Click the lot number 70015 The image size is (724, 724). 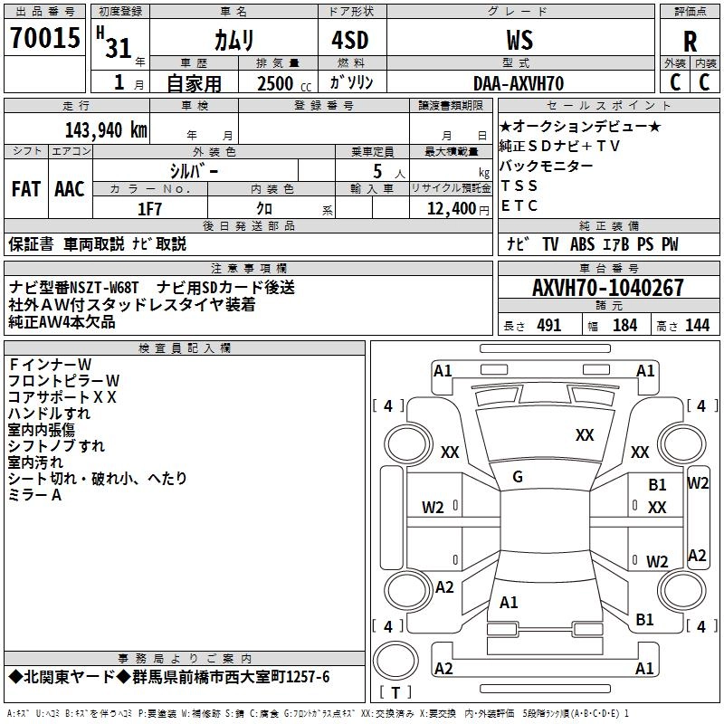(x=44, y=38)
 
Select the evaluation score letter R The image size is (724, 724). (x=691, y=42)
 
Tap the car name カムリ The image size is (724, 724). (x=233, y=40)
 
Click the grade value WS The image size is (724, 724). (x=519, y=40)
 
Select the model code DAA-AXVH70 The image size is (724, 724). (x=519, y=83)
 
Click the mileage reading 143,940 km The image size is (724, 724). (x=106, y=129)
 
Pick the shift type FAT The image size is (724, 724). (x=26, y=189)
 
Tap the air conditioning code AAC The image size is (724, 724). (x=70, y=189)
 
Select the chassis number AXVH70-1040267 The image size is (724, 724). (x=607, y=288)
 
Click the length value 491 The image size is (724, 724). (x=548, y=326)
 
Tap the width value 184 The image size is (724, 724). (x=624, y=326)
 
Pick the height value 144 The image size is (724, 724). (x=697, y=326)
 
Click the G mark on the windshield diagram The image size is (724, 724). (x=517, y=477)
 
